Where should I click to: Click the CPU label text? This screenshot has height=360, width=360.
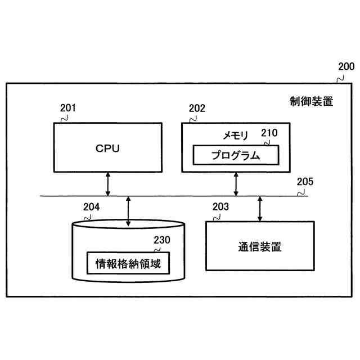[108, 148]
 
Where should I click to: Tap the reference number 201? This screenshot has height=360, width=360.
[67, 108]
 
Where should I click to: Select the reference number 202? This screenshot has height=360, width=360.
[197, 108]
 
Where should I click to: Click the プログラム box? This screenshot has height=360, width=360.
[236, 155]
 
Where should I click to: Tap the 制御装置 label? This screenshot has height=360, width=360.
[312, 102]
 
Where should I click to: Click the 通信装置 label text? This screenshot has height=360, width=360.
[259, 246]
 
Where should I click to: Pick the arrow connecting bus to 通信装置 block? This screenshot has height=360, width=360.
[259, 208]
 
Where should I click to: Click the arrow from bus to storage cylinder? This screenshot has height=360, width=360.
[128, 211]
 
